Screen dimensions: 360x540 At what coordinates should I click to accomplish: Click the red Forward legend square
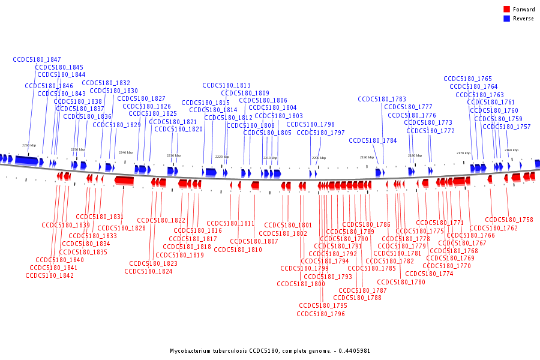tap(507, 10)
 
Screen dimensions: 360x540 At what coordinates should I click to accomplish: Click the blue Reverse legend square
tap(507, 19)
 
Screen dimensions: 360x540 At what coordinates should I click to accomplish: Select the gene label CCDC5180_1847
tap(37, 59)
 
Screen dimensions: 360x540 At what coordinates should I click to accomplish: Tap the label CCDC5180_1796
tap(320, 314)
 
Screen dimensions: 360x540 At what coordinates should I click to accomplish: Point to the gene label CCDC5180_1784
tap(373, 140)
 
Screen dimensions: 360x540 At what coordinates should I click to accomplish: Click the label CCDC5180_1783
tap(382, 99)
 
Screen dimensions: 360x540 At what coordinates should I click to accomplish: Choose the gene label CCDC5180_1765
tap(467, 79)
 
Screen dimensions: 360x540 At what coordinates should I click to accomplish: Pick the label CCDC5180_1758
tap(509, 220)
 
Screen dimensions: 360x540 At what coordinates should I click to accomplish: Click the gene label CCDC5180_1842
tap(49, 275)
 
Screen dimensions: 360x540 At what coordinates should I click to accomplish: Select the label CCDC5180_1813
tap(226, 85)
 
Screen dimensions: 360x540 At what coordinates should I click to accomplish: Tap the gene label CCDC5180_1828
tap(121, 228)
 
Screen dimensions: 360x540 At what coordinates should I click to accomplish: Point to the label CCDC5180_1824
tap(148, 271)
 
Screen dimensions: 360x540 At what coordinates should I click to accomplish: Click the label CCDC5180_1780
tap(401, 282)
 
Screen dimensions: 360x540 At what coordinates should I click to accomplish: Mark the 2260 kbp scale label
tap(29, 145)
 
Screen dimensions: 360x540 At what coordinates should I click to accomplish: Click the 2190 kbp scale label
tap(366, 157)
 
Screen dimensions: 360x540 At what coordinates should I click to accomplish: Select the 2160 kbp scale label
tap(511, 150)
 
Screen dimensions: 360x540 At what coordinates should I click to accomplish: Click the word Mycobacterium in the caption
tap(191, 350)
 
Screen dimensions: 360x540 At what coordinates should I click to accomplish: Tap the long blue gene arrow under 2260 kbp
tap(26, 160)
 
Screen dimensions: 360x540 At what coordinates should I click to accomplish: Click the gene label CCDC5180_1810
tap(238, 250)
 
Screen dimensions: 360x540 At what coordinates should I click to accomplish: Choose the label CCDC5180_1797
tap(320, 133)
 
